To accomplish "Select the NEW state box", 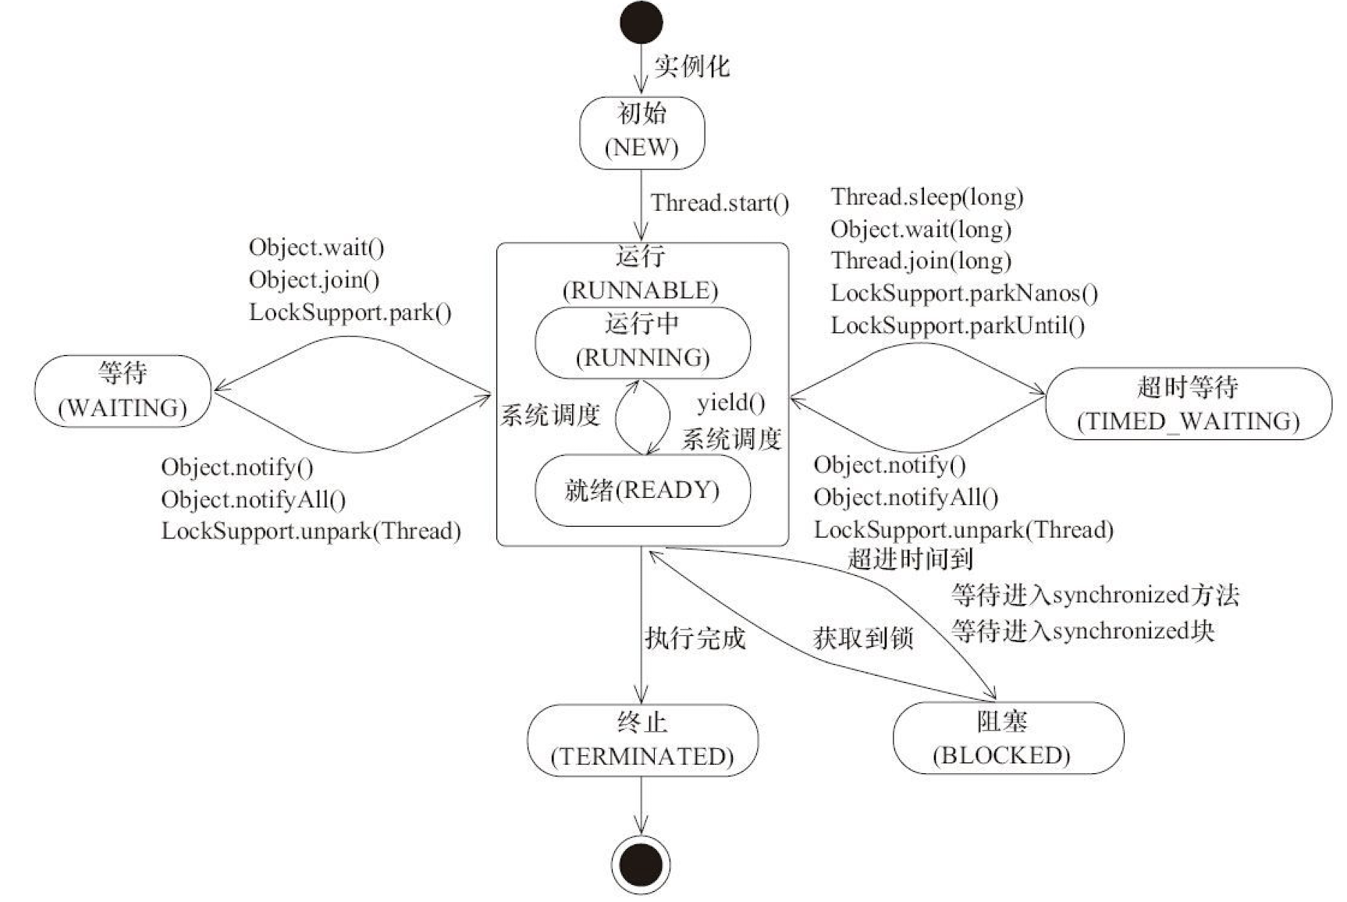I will (x=642, y=132).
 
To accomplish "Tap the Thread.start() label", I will (x=720, y=204).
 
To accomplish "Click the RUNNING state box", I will (x=642, y=342).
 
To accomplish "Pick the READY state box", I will (x=642, y=490).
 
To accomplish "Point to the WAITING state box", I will (x=123, y=390).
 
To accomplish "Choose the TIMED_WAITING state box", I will (x=1188, y=404).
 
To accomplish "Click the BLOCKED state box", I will (x=1008, y=737).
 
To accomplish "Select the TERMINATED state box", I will (x=642, y=740).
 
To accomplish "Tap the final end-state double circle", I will (x=641, y=865).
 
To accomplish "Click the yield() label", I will (x=730, y=403).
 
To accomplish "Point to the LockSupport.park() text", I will (x=350, y=312).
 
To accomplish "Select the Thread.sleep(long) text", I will (x=926, y=197).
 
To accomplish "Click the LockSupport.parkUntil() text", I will (x=957, y=325).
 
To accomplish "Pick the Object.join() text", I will (x=314, y=279).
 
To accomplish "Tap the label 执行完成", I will (x=695, y=638).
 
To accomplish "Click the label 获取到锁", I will (x=862, y=638).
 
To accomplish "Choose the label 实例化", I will (x=691, y=66).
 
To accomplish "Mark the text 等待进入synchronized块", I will (x=1082, y=630).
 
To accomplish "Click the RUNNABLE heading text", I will (x=640, y=290).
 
